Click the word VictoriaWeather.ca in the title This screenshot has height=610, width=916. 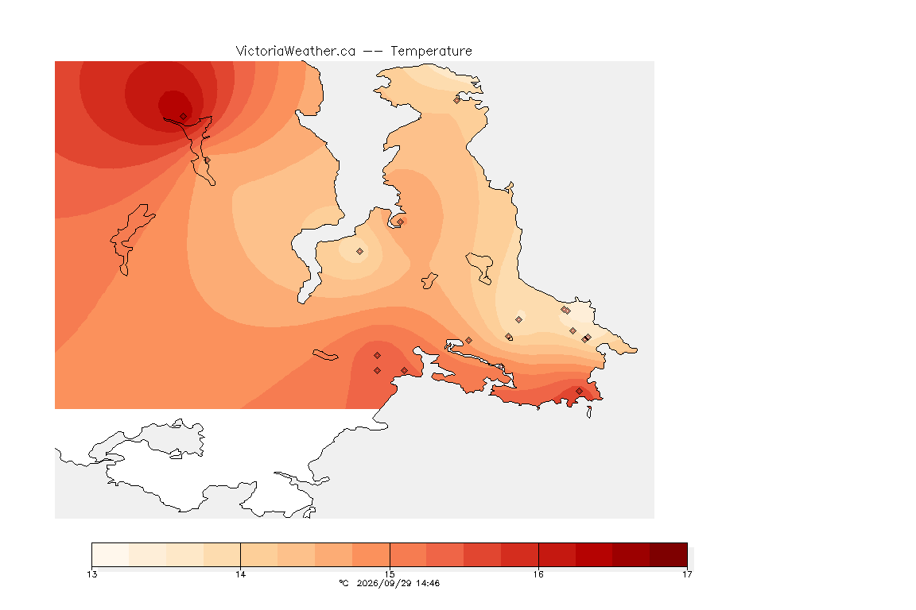(x=296, y=51)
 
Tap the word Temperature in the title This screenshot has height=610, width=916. (x=431, y=51)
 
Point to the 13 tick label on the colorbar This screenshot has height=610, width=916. (x=91, y=574)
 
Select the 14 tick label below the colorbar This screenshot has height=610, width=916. (x=241, y=574)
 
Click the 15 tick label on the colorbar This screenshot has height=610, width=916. (x=390, y=574)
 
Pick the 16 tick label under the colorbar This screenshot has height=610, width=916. (x=538, y=574)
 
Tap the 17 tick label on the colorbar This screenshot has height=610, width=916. (x=687, y=574)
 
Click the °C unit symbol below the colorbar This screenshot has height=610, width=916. (x=344, y=583)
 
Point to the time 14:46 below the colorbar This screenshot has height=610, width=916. (x=427, y=583)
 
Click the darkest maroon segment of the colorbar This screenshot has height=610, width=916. (x=668, y=554)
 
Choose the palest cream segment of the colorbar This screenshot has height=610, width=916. (x=111, y=554)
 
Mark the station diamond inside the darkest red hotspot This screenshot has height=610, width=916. (x=184, y=117)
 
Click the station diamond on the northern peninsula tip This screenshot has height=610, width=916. (x=457, y=100)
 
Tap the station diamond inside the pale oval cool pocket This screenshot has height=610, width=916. (x=360, y=252)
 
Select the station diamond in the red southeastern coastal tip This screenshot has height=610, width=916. (x=579, y=391)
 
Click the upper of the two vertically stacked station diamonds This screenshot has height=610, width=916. (x=378, y=356)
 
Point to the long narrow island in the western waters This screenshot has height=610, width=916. (x=131, y=238)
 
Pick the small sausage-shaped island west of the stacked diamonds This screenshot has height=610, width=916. (x=325, y=355)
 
